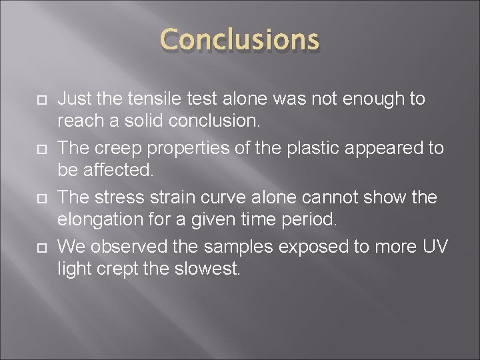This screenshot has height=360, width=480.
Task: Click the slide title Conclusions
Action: click(x=240, y=40)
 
